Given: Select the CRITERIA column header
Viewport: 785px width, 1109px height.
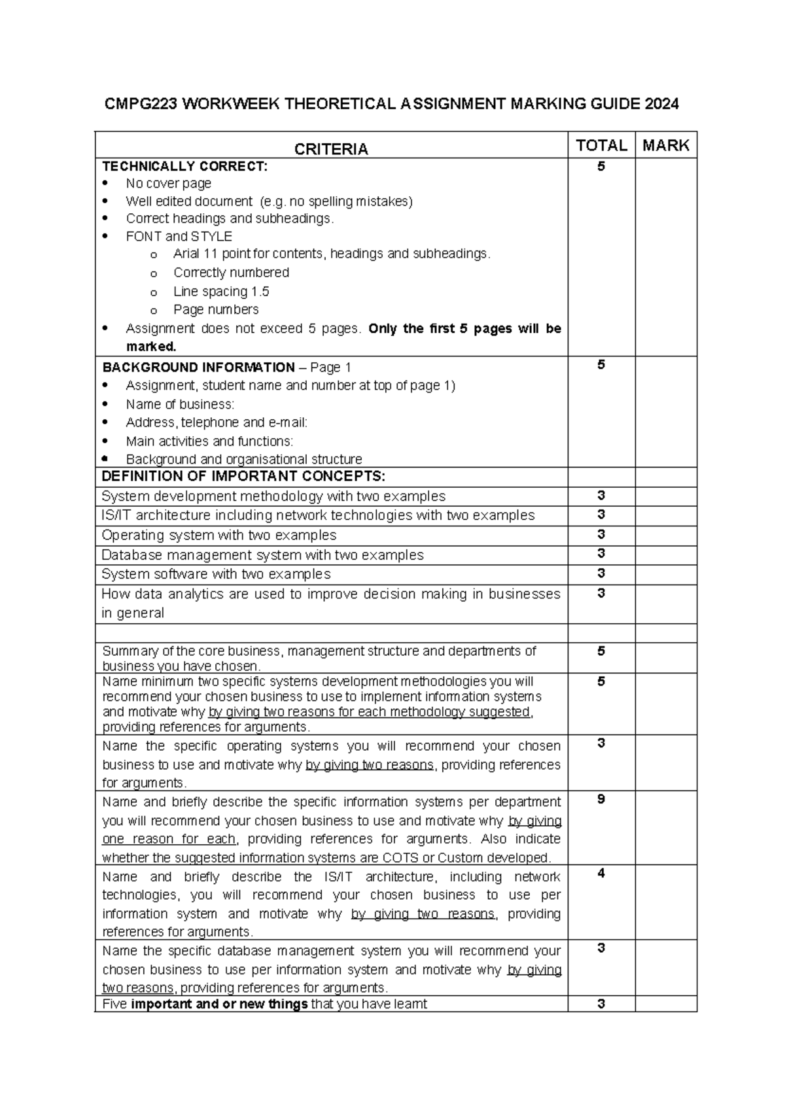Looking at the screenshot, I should coord(331,150).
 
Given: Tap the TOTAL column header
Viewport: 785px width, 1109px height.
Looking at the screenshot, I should coord(601,145).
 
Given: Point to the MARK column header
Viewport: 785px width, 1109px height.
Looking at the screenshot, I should coord(666,145).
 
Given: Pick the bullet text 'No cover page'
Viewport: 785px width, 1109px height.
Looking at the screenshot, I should coord(168,184).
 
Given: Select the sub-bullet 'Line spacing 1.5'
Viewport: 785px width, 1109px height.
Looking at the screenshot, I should coord(221,292).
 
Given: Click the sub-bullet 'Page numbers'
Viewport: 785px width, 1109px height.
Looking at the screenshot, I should coord(216,309).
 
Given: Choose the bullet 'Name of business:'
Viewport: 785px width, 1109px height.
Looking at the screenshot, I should coord(180,404).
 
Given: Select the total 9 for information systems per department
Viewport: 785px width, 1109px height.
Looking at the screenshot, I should coord(601,799).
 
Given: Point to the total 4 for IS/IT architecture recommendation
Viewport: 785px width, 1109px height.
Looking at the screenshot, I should coord(601,874).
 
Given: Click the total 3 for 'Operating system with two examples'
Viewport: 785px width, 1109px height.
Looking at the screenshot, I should coord(601,534).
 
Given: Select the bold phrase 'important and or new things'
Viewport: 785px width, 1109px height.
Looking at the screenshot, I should coord(219,1004).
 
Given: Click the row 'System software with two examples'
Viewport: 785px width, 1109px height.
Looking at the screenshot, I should coord(216,574).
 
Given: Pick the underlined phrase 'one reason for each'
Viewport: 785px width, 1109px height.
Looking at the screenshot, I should coord(169,839).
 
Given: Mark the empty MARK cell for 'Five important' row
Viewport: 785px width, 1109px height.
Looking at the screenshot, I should coord(666,1004).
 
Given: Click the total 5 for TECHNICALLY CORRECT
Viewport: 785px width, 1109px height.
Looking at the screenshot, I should coord(601,167).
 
